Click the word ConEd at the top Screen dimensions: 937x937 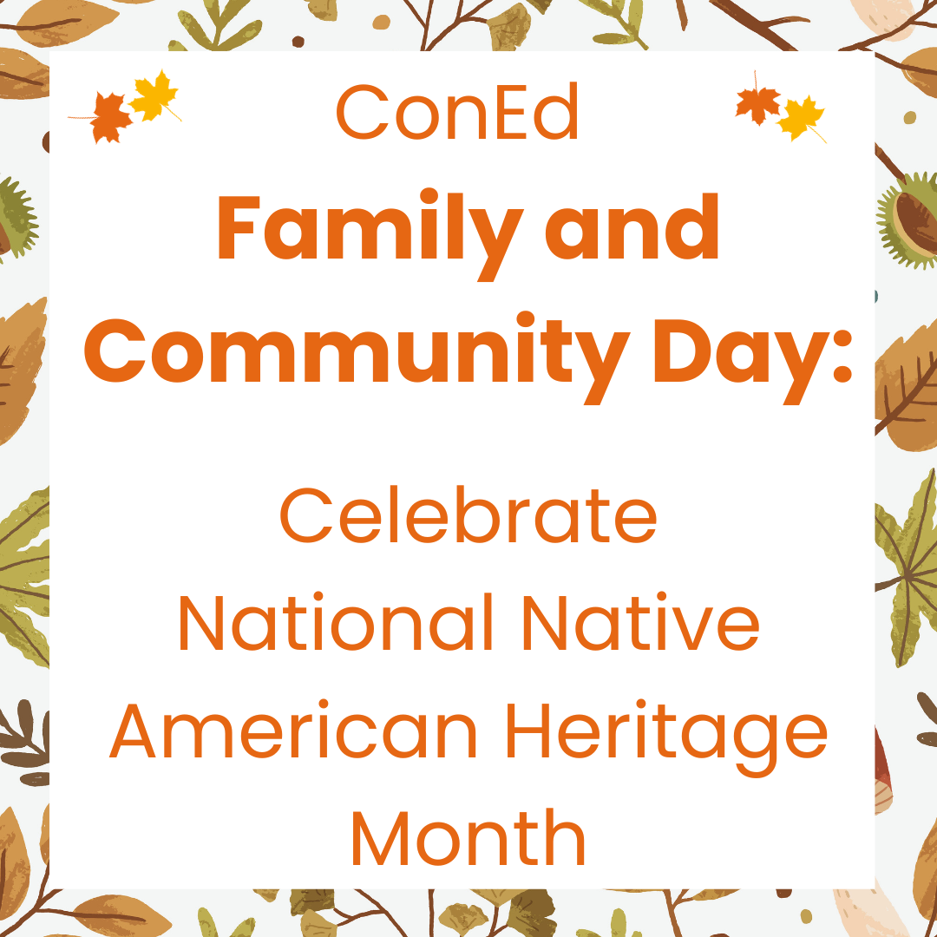click(x=457, y=112)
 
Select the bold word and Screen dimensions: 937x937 click(x=632, y=227)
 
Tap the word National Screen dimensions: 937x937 click(x=336, y=622)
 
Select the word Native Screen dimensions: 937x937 click(x=640, y=622)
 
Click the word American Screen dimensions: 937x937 click(x=293, y=731)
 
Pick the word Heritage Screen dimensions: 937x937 click(x=667, y=737)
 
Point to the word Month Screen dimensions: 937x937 click(x=468, y=837)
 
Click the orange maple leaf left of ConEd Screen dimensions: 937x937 click(x=110, y=118)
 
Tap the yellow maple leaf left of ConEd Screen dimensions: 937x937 click(x=154, y=95)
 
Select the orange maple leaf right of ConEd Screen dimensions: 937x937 click(x=757, y=104)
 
